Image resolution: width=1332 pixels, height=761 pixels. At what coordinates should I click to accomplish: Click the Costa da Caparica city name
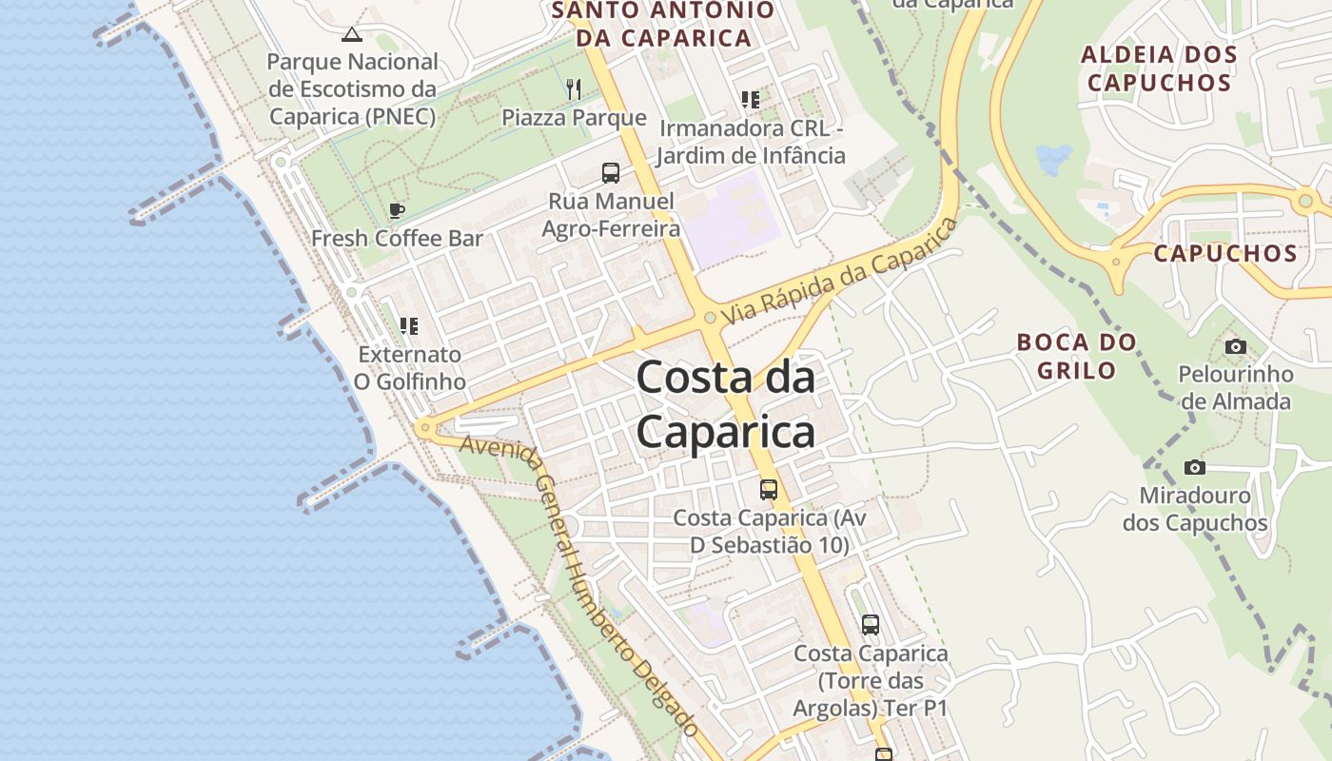point(725,405)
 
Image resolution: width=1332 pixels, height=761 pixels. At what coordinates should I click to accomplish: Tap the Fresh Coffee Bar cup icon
point(397,210)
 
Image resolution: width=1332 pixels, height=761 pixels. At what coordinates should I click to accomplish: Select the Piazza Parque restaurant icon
point(573,89)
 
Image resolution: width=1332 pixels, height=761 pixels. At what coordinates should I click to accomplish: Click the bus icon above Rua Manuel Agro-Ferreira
point(611,173)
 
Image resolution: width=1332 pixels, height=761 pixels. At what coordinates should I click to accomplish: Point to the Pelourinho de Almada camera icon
point(1235,346)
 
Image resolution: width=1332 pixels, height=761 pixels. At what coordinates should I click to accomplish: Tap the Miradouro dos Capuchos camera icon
point(1195,467)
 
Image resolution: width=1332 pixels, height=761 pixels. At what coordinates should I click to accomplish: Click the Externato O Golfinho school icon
point(409,326)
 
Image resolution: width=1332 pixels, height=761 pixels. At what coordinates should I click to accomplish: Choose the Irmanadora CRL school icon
point(750,99)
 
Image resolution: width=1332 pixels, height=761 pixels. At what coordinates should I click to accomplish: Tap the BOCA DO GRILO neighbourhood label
point(1076,356)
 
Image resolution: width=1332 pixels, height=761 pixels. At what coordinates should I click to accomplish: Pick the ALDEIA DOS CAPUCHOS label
point(1159,68)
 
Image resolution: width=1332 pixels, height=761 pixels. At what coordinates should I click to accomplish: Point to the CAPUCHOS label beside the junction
point(1225,253)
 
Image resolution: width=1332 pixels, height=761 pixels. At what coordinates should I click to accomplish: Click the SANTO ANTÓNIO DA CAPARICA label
point(662,25)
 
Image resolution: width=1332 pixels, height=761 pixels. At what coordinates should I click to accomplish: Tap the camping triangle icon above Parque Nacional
point(352,35)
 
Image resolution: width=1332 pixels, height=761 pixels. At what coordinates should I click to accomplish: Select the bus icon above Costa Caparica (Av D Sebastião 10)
point(769,490)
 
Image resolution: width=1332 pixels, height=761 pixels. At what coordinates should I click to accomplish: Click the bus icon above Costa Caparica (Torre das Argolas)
point(871,625)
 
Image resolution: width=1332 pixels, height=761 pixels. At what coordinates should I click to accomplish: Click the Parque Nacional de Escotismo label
point(352,89)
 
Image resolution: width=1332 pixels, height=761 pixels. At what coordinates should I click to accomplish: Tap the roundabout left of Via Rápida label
point(709,318)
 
